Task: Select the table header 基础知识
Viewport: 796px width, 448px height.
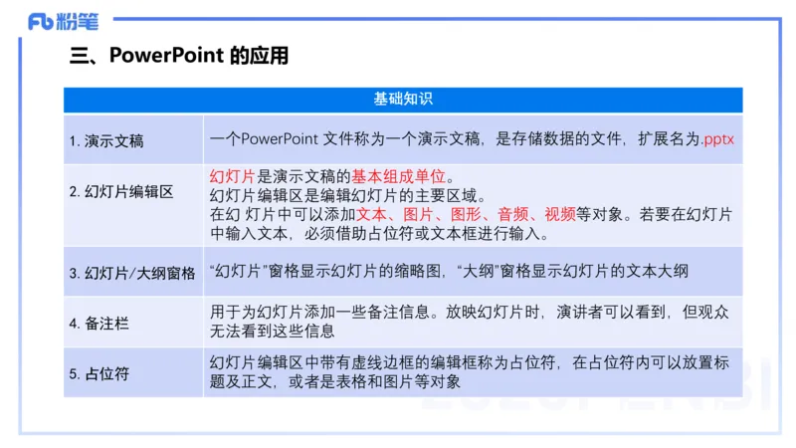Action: [402, 100]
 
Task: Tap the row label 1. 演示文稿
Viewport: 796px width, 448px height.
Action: [106, 141]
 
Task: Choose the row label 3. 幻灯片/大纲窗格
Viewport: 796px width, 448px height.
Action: [132, 272]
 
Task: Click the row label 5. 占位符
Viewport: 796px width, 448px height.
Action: [99, 375]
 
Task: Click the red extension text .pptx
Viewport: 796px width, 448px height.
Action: [717, 139]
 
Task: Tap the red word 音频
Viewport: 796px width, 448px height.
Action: [512, 214]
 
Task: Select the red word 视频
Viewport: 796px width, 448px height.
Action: [559, 214]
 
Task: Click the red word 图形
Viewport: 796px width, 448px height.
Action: [467, 214]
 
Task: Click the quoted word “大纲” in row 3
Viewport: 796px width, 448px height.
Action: [480, 270]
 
